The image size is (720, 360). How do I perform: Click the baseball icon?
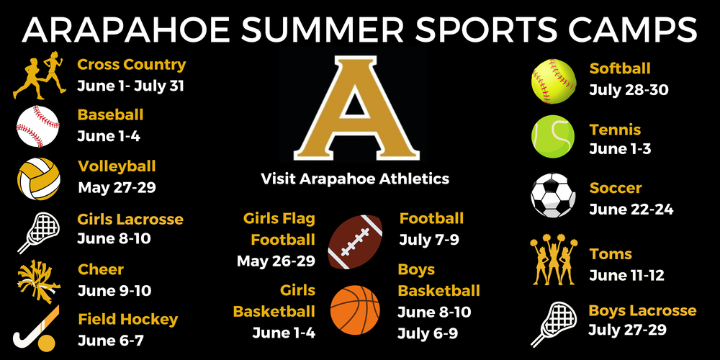click(x=37, y=126)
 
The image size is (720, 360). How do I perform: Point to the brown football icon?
click(x=354, y=242)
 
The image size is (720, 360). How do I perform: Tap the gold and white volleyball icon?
click(x=37, y=178)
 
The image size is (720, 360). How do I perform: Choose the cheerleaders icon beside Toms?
click(x=553, y=261)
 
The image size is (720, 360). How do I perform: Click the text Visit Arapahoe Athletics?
click(x=355, y=179)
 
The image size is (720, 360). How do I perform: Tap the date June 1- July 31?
click(x=131, y=86)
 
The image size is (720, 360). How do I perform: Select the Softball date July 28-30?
click(x=629, y=91)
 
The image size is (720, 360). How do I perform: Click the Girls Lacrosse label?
click(x=130, y=219)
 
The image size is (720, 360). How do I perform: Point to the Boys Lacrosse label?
click(x=642, y=311)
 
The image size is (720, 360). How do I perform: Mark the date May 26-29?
click(x=276, y=261)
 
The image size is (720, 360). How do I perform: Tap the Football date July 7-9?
click(x=429, y=239)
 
